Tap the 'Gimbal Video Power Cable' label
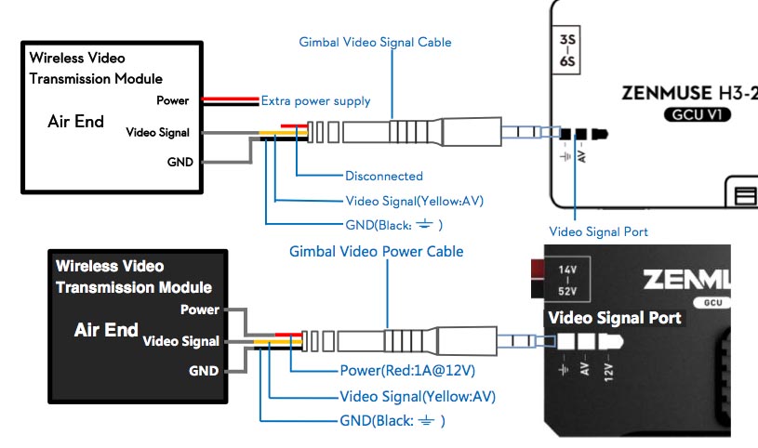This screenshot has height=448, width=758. point(376,252)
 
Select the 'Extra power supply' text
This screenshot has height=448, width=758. point(315,100)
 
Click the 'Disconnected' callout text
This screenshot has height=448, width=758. point(383,176)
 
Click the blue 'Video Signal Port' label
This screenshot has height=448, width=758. point(598,231)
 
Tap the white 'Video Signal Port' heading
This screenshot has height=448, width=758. point(615,318)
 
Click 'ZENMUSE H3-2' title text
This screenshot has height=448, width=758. point(687,94)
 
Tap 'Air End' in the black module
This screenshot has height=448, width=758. point(106,330)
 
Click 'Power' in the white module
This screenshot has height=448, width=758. point(172,100)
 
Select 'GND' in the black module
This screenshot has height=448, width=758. point(205,371)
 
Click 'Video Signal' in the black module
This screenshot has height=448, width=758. point(180,341)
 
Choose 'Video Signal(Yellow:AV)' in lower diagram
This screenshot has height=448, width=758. point(417,397)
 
